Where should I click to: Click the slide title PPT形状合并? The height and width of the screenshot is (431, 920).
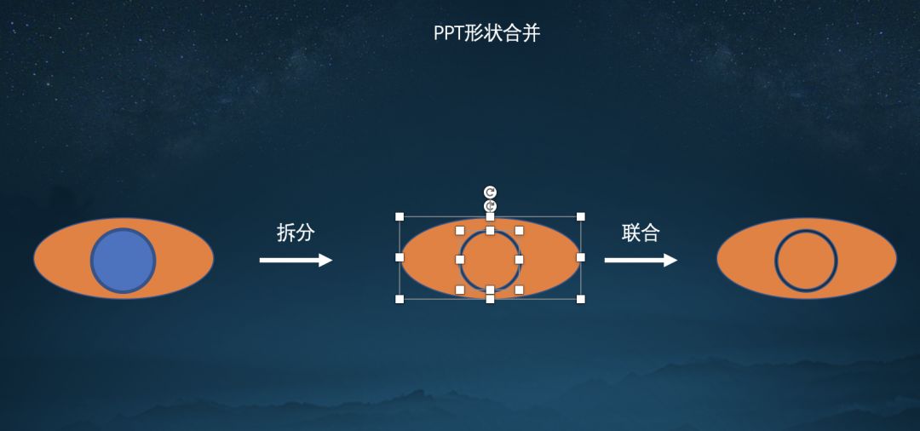click(486, 33)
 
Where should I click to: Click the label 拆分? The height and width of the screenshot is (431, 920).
click(296, 233)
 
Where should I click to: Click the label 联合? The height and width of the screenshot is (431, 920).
click(641, 233)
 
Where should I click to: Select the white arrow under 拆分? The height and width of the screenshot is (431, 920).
click(296, 260)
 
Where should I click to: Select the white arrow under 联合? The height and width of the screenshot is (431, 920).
click(641, 260)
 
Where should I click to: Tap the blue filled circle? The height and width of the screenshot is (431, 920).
click(124, 261)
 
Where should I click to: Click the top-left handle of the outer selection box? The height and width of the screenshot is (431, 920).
click(400, 216)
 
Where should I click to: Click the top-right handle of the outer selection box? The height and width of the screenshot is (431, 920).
click(581, 216)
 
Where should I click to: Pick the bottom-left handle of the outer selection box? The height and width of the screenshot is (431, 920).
click(400, 299)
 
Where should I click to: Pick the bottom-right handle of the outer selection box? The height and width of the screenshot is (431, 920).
click(581, 299)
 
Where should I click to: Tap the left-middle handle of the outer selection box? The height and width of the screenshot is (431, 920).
click(400, 257)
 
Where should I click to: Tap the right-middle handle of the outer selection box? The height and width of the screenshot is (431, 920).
click(581, 257)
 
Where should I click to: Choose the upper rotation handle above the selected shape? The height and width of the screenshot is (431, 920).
click(490, 192)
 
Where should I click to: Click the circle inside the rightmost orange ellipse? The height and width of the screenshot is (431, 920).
click(806, 261)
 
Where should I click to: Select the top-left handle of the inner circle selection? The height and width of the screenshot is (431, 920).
click(460, 230)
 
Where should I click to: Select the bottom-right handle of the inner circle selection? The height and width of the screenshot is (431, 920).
click(519, 290)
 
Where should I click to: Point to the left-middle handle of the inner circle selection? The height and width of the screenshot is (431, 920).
click(460, 260)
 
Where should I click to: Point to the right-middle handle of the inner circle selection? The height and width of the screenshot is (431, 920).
click(519, 260)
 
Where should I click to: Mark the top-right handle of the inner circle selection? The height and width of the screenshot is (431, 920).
click(519, 230)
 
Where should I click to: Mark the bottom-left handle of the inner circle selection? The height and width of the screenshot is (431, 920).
click(460, 290)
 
